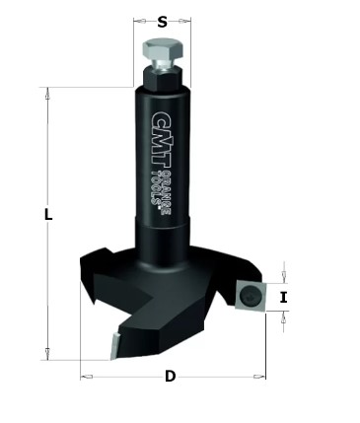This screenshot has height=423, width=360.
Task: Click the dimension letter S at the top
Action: coord(163,22)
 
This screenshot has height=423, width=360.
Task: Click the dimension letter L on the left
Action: coord(48,215)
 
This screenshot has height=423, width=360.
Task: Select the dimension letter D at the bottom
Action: coord(170,376)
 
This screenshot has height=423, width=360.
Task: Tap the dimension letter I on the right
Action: coord(284,298)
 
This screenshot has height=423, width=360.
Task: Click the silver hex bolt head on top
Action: coord(163,50)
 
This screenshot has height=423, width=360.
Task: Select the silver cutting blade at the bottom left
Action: coord(114,346)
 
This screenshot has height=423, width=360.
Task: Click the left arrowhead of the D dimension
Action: coord(87,376)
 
